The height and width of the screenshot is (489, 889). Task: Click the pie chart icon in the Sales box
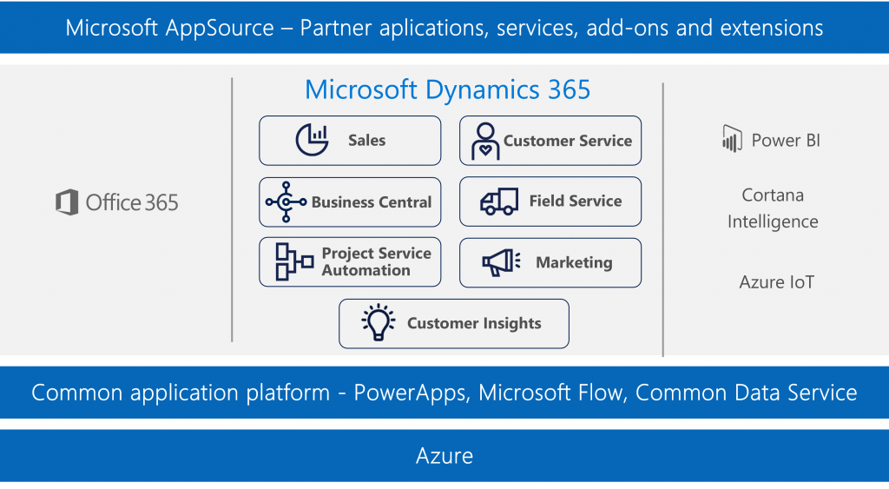(312, 140)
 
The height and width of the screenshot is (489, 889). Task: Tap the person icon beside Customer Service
(485, 141)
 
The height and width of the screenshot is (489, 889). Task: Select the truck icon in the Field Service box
(499, 202)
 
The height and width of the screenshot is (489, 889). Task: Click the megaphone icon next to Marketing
(501, 262)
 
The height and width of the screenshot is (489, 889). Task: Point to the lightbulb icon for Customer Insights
(379, 322)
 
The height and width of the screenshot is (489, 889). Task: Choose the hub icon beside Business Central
(286, 202)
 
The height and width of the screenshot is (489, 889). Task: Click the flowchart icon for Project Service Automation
(294, 261)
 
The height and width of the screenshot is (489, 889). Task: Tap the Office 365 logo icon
(67, 202)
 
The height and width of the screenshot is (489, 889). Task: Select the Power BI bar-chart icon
(732, 139)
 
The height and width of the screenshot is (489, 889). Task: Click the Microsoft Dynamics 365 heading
(447, 89)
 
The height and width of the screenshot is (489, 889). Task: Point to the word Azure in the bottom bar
(444, 456)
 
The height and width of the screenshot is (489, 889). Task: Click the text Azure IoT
(776, 282)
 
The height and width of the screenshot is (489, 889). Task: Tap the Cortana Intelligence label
(773, 208)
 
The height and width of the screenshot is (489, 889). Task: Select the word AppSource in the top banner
(220, 28)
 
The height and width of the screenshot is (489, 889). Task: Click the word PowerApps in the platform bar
(412, 393)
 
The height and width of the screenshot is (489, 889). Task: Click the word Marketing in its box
(574, 262)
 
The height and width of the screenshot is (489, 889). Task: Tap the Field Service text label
(576, 201)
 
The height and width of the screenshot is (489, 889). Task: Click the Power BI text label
(786, 140)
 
